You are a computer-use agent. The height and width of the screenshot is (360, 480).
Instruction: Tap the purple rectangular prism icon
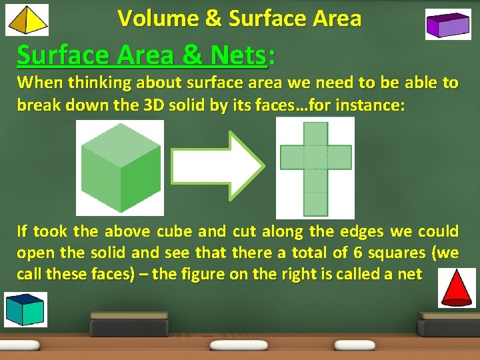tap(448, 25)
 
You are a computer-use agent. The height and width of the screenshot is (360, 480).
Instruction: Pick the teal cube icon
tap(24, 309)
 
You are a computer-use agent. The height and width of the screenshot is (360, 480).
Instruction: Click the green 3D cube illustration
tap(120, 167)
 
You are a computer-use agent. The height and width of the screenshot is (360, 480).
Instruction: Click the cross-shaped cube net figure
tap(315, 167)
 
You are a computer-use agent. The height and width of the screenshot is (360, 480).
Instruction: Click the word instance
tap(373, 106)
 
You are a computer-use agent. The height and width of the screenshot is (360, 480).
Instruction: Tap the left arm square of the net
tap(292, 157)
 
